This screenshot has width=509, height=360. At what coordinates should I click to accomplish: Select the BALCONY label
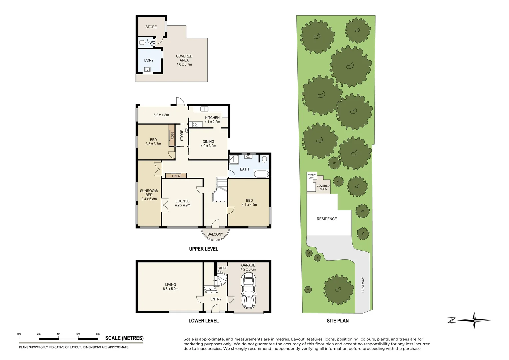[x=215, y=234]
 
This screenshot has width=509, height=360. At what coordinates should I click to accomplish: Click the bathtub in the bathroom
[x=261, y=174]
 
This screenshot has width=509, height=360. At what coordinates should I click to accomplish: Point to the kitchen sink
[x=204, y=109]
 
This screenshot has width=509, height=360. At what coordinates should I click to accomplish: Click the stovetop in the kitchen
[x=195, y=125]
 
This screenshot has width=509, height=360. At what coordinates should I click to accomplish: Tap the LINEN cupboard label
[x=176, y=176]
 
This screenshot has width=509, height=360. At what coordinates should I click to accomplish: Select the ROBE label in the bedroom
[x=172, y=135]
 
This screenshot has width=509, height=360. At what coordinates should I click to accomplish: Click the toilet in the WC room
[x=141, y=43]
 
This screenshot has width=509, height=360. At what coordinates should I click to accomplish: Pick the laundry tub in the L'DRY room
[x=147, y=70]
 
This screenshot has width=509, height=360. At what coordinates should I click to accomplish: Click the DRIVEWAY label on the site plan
[x=363, y=285]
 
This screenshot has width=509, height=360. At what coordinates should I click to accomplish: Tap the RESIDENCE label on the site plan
[x=327, y=219]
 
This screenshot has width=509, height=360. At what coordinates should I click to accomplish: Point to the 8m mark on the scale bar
[x=98, y=334]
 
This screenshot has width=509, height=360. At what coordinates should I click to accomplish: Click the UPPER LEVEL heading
[x=203, y=249]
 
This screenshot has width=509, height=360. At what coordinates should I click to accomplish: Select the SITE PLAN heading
[x=337, y=321]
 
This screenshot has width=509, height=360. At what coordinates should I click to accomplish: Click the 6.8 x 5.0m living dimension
[x=170, y=289]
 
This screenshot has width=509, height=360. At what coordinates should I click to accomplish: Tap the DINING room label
[x=208, y=142]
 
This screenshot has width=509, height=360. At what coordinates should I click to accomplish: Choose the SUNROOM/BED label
[x=149, y=193]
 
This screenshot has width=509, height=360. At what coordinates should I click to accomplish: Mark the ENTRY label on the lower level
[x=216, y=299]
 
